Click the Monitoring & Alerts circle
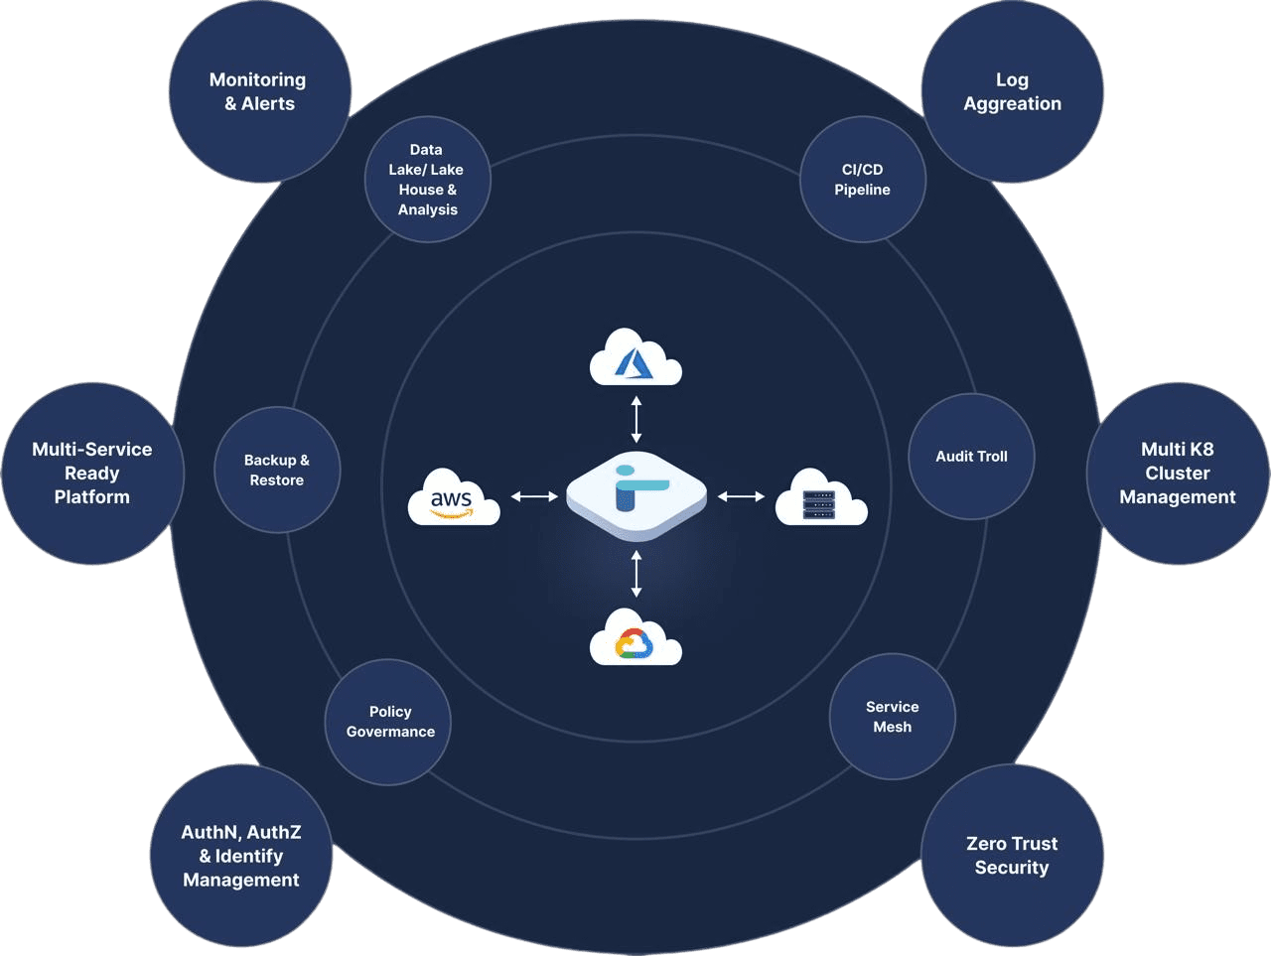point(259,91)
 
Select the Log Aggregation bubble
point(1012,91)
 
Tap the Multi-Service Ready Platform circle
point(92,474)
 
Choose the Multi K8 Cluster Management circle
point(1178,474)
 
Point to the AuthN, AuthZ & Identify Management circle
point(241,856)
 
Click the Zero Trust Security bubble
point(1012,856)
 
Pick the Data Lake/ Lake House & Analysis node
point(427,180)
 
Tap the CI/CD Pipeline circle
point(862,180)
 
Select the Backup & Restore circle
point(277,470)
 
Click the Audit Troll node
point(971,457)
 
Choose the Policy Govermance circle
point(389,722)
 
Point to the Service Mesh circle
point(892,717)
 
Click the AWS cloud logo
point(453,496)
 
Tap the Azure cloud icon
point(635,357)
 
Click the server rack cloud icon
point(820,498)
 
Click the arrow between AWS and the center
point(534,495)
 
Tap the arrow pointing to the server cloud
point(741,495)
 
